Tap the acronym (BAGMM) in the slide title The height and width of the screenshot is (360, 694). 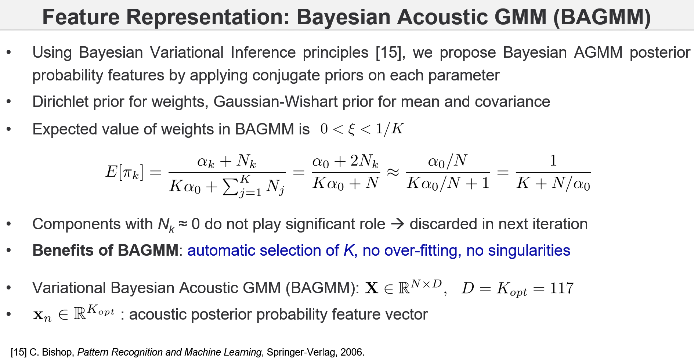[602, 17]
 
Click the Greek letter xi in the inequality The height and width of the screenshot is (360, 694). [351, 129]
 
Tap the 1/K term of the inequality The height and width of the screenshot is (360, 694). [389, 129]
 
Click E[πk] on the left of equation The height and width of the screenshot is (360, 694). [124, 172]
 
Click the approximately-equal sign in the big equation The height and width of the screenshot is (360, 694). [393, 172]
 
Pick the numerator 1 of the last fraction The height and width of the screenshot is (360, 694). [553, 161]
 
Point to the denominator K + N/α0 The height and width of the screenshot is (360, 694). [553, 183]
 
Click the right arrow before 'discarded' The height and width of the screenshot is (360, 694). [397, 224]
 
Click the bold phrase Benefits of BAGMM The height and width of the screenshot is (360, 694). [105, 251]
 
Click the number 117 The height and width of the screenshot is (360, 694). [561, 288]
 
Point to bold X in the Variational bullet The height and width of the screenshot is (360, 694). [372, 288]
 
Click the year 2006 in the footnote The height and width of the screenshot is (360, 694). [351, 352]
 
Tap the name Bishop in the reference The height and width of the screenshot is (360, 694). [58, 352]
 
